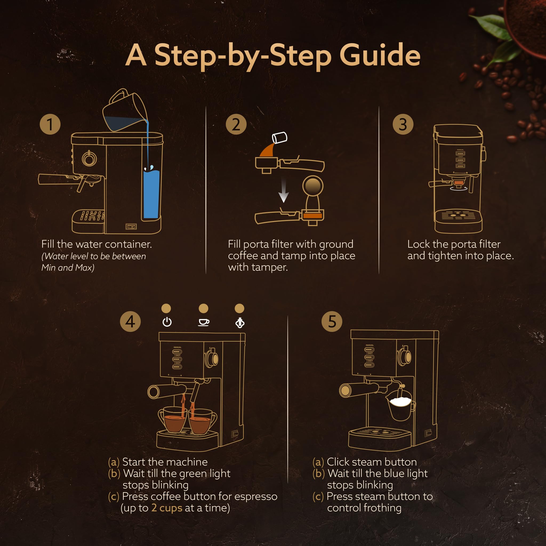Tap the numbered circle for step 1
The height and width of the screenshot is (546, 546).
(x=50, y=124)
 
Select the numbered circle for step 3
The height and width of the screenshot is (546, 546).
(x=403, y=124)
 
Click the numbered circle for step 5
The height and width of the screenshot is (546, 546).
(x=332, y=322)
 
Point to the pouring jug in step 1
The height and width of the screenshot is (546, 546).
(x=124, y=112)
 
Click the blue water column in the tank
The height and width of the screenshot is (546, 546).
(x=151, y=195)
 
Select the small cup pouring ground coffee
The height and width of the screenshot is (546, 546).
(x=279, y=138)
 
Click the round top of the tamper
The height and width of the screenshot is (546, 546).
(x=313, y=186)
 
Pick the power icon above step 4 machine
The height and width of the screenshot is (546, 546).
(x=167, y=322)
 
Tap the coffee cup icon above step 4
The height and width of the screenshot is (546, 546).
(x=203, y=322)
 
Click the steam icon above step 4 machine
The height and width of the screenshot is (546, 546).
(x=240, y=323)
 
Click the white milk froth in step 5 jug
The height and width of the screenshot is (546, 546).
(x=400, y=402)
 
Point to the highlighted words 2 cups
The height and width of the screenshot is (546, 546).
(x=167, y=508)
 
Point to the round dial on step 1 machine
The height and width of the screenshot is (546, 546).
(x=89, y=159)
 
